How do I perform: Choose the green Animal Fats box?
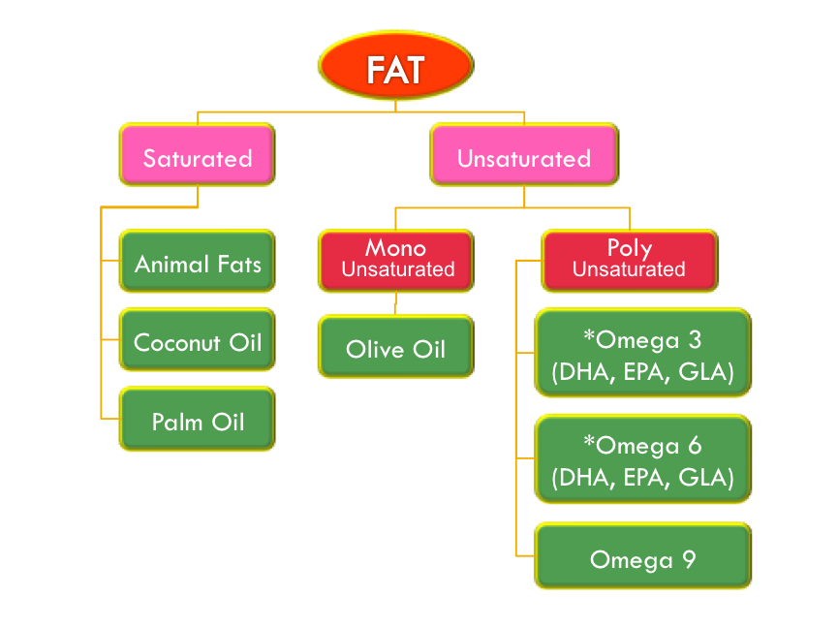pos(198,262)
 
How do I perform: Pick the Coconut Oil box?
pos(198,340)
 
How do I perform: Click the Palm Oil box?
pos(198,420)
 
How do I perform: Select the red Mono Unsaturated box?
pos(396,260)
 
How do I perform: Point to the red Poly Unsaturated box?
pos(629,260)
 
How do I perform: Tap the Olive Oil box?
pos(396,347)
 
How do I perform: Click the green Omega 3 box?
pos(643,353)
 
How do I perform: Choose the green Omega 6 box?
pos(643,459)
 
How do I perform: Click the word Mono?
pos(395,248)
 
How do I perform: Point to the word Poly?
pos(629,248)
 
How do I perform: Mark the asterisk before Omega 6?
pos(588,443)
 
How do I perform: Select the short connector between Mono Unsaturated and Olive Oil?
pos(395,302)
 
